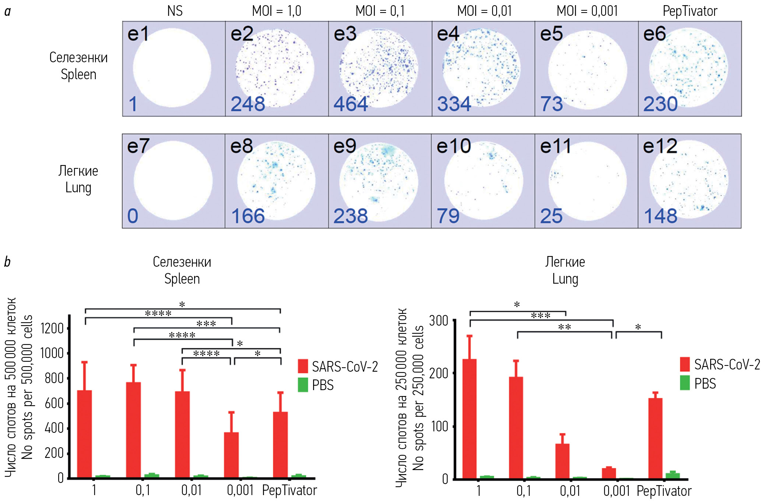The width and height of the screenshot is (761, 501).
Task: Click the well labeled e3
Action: pos(379,69)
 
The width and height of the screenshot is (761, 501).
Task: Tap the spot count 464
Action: pos(351,104)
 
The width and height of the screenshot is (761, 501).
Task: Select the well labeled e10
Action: pos(483,181)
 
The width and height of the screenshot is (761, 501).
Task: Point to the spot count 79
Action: pos(448,216)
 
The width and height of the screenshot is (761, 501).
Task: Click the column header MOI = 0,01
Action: pos(484,11)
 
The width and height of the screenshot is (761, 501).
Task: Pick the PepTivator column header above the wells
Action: pos(690,11)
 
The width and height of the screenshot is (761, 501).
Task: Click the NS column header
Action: pos(175,11)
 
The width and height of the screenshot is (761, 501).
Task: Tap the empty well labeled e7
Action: pos(173,181)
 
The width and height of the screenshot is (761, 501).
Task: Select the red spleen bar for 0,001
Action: pos(231,455)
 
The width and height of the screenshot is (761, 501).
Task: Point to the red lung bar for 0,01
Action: pos(562,461)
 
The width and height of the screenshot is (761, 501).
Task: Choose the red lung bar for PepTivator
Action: pos(655,438)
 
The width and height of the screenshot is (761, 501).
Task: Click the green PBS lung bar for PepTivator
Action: pos(673,475)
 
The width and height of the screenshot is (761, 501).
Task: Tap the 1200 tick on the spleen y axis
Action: pos(52,328)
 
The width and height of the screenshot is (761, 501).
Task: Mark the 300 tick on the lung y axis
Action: pos(439,320)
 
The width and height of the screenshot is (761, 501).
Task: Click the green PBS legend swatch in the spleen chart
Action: pos(303,385)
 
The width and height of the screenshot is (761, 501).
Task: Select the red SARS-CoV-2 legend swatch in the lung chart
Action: pos(685,364)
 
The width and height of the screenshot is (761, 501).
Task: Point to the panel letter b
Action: pos(7,262)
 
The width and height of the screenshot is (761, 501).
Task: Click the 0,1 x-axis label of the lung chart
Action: pos(523,491)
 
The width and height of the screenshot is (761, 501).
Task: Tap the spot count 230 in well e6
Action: pos(660,104)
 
